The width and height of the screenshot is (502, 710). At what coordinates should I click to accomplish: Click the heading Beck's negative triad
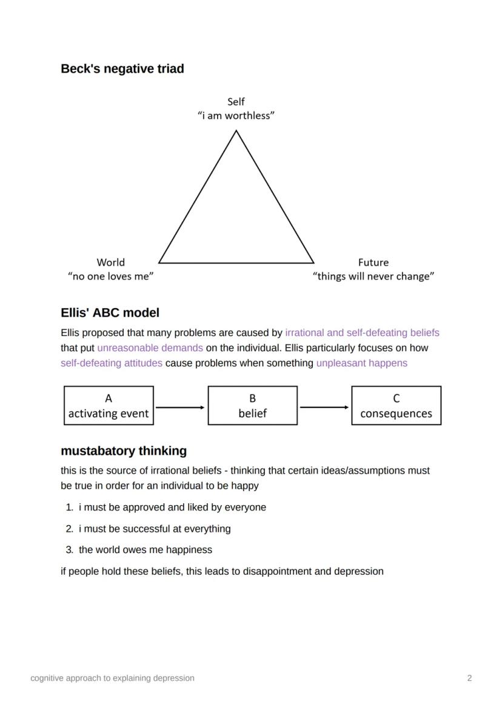click(x=122, y=69)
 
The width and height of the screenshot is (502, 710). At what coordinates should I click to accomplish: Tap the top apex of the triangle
click(x=236, y=132)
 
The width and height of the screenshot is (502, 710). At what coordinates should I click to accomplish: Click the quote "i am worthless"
click(x=236, y=116)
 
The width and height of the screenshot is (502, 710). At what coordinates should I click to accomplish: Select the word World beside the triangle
click(x=110, y=262)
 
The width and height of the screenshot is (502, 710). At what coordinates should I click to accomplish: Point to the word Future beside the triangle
click(x=373, y=262)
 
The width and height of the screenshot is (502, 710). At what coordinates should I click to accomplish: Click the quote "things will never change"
click(x=373, y=276)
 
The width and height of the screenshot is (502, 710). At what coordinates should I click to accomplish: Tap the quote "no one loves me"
click(x=110, y=276)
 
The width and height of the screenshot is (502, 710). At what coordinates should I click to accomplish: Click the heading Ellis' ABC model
click(x=110, y=313)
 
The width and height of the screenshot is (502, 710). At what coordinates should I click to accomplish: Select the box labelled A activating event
click(x=109, y=406)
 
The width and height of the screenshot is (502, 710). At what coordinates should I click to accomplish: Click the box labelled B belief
click(x=252, y=406)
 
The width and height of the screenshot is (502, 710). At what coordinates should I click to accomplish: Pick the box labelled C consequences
click(x=396, y=406)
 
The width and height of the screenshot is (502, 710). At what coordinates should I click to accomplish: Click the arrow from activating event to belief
click(x=180, y=407)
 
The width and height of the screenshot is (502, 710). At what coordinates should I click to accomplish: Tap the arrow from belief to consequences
click(x=324, y=407)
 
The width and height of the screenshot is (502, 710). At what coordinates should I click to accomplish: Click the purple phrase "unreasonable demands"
click(x=150, y=348)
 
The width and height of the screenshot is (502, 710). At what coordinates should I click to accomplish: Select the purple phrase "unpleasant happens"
click(x=361, y=363)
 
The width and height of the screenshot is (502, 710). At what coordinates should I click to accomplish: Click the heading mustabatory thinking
click(x=124, y=451)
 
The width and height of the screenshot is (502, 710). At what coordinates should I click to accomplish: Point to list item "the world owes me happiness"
click(x=145, y=550)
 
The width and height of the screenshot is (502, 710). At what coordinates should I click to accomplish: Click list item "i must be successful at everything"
click(x=154, y=529)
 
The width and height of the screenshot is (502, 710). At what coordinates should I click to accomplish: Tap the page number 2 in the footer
click(x=469, y=678)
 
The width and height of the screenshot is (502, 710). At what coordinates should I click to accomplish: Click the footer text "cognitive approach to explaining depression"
click(x=112, y=678)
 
